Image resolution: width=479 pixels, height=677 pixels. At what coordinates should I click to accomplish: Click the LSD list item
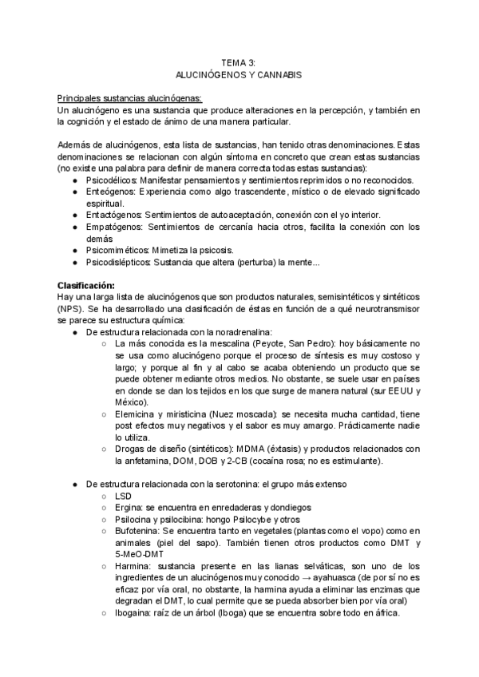pyautogui.click(x=125, y=497)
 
